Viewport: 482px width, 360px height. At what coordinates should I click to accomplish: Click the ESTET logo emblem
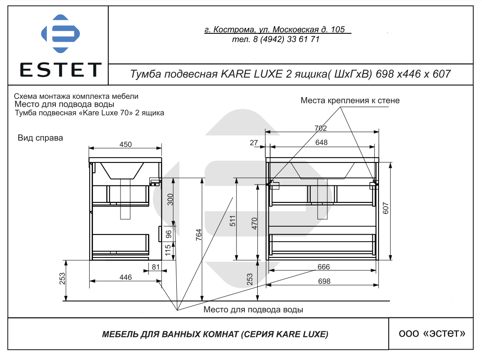pyautogui.click(x=60, y=34)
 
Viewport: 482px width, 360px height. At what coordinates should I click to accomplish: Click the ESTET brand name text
pyautogui.click(x=61, y=70)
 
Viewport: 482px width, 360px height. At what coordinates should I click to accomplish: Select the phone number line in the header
pyautogui.click(x=276, y=40)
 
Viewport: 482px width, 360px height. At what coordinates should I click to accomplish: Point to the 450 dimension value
pyautogui.click(x=126, y=145)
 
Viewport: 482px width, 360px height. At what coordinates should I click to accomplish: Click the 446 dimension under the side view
pyautogui.click(x=126, y=277)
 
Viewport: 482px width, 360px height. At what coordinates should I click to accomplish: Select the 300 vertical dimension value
pyautogui.click(x=169, y=200)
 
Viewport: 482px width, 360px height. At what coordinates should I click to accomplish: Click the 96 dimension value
pyautogui.click(x=169, y=234)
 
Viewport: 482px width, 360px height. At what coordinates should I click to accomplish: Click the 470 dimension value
pyautogui.click(x=255, y=224)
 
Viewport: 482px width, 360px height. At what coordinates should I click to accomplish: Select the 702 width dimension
pyautogui.click(x=321, y=128)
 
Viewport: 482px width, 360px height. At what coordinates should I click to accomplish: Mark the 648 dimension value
pyautogui.click(x=321, y=142)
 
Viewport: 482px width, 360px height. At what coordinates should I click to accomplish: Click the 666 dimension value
pyautogui.click(x=324, y=267)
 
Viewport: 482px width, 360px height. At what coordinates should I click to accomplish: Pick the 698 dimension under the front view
pyautogui.click(x=324, y=281)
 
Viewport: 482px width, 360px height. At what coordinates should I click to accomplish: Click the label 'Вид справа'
pyautogui.click(x=40, y=138)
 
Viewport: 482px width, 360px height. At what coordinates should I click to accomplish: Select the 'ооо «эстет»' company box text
pyautogui.click(x=432, y=334)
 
